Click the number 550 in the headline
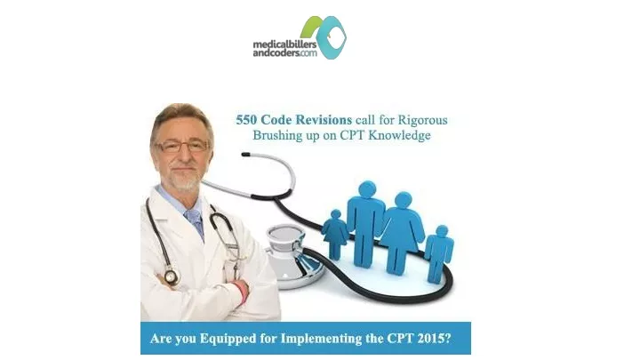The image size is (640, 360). (246, 120)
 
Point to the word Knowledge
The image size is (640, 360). (399, 135)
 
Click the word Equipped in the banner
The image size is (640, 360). (225, 340)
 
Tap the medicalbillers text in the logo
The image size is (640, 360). (284, 44)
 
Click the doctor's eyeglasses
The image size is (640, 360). (182, 146)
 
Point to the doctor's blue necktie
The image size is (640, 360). (195, 222)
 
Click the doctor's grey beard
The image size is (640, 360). (185, 180)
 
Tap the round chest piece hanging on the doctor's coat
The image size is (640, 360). (171, 276)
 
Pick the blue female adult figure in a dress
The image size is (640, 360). (403, 233)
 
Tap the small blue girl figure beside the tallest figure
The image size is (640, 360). (335, 235)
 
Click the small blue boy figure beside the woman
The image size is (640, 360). (439, 254)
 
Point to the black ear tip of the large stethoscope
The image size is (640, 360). (245, 155)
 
